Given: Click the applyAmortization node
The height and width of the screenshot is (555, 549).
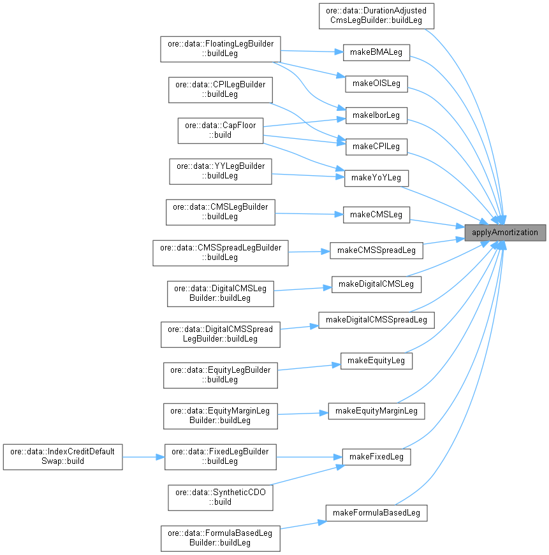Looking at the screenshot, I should [505, 233].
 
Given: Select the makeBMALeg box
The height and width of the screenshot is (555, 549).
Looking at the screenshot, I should [376, 52].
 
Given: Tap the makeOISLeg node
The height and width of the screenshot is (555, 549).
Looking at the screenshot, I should [376, 83].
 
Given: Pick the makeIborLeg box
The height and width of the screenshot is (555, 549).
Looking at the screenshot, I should [376, 115].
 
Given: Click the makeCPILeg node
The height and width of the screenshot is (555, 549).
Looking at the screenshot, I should [376, 146].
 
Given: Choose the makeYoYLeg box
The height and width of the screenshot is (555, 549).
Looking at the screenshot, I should [376, 177].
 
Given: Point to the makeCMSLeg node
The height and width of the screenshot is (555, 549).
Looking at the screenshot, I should [376, 215].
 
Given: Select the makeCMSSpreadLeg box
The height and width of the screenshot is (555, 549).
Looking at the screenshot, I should [376, 250].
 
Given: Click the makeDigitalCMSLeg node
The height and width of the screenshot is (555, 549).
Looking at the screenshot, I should [376, 284].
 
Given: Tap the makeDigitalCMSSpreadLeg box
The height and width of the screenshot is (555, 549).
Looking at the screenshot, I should [376, 319].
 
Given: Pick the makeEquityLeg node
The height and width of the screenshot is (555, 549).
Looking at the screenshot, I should [376, 360].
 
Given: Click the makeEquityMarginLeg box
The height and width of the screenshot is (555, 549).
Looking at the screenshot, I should [376, 410].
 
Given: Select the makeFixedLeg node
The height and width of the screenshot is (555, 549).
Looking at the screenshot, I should [376, 456].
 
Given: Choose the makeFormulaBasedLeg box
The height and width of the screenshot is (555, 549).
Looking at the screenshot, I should [376, 513].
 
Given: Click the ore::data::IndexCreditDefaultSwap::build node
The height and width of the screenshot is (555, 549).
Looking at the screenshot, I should [62, 456].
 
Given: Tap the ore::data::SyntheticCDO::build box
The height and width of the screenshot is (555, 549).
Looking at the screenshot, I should [221, 497].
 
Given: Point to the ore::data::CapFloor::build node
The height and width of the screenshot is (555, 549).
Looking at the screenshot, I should [221, 130].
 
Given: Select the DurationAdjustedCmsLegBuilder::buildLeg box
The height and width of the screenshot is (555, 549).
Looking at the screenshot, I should [376, 16].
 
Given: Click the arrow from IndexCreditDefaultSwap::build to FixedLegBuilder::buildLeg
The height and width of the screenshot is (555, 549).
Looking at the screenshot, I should [143, 456].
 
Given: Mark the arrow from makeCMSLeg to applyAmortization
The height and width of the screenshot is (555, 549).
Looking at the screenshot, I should [437, 223].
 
